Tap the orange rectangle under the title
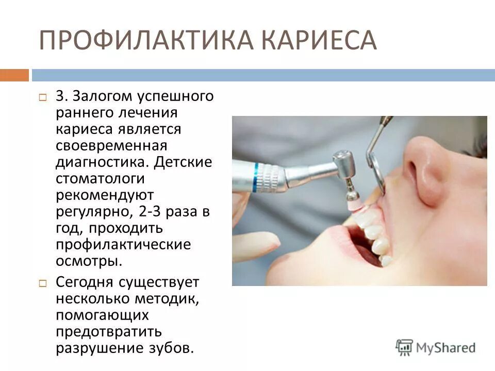coord(14,75)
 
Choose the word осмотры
coord(89,261)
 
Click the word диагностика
coord(103,162)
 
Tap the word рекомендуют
coord(105,195)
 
